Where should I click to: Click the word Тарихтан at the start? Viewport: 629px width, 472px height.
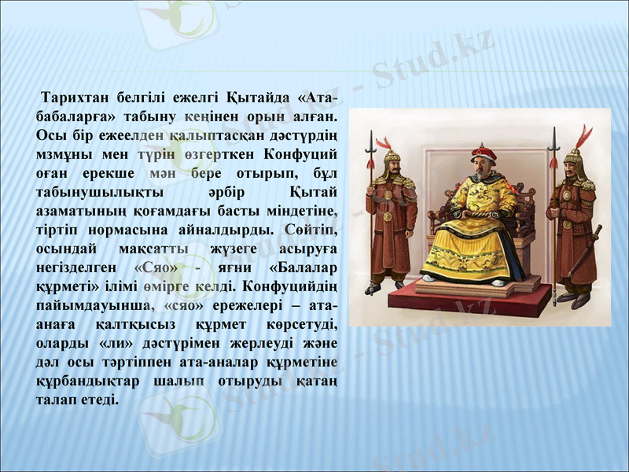click(x=75, y=98)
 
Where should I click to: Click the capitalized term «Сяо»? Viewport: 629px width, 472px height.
click(x=159, y=265)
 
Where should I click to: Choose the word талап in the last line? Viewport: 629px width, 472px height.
click(x=57, y=400)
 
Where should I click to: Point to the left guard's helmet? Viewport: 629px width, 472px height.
click(x=391, y=160)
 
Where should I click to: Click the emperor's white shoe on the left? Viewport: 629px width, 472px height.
click(x=429, y=278)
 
